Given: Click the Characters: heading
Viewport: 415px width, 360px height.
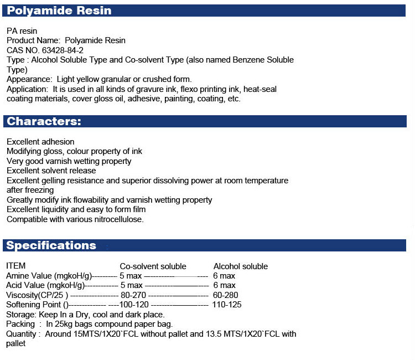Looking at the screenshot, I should (x=44, y=121).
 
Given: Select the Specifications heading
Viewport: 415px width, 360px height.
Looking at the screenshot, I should (x=51, y=245).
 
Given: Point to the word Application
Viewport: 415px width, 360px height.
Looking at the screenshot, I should (x=28, y=89).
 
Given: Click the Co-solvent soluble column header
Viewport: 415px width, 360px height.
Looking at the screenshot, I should (x=153, y=266).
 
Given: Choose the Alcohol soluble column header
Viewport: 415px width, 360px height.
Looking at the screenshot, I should (x=240, y=266).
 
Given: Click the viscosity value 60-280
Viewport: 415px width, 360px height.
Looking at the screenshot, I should (x=225, y=295).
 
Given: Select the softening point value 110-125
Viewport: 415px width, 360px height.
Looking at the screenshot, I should (x=227, y=305).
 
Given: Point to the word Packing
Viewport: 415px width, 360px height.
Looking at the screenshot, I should (x=20, y=324).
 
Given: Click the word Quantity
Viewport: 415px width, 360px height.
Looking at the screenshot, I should (x=22, y=334).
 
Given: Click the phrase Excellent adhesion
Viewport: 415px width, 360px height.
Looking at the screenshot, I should (x=40, y=142).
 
